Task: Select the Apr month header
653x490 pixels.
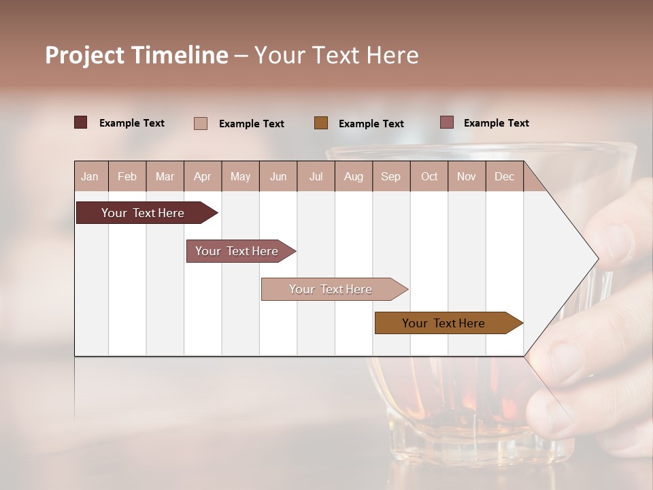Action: pos(203,176)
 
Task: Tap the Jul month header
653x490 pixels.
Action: pos(316,176)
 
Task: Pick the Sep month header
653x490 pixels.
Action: pos(390,176)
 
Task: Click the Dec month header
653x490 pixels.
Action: pos(504,176)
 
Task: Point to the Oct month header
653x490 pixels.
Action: pos(429,176)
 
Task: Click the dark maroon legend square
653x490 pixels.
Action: pos(81,122)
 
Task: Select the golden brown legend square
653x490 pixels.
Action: pos(321,122)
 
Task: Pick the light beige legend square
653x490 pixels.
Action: pos(201,123)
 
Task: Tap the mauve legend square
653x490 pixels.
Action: pos(447,122)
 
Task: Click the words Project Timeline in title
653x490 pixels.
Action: pos(136,55)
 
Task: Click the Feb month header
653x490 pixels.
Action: pos(127,176)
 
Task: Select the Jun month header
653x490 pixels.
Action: pos(278,176)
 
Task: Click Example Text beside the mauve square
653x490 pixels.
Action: pos(496,122)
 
